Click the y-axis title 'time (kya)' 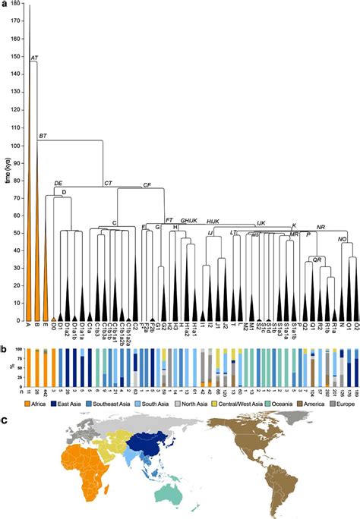[7, 168]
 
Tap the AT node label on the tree [34, 58]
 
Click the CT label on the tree [108, 184]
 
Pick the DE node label [58, 184]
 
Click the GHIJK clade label [189, 220]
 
